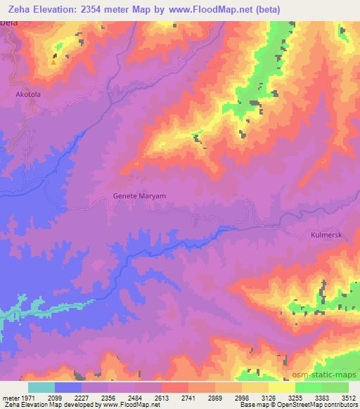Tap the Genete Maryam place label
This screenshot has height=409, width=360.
click(x=139, y=196)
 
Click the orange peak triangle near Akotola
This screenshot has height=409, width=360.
click(x=53, y=62)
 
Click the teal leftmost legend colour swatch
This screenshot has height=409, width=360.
click(x=41, y=387)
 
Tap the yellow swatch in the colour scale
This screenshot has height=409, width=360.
click(x=281, y=387)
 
